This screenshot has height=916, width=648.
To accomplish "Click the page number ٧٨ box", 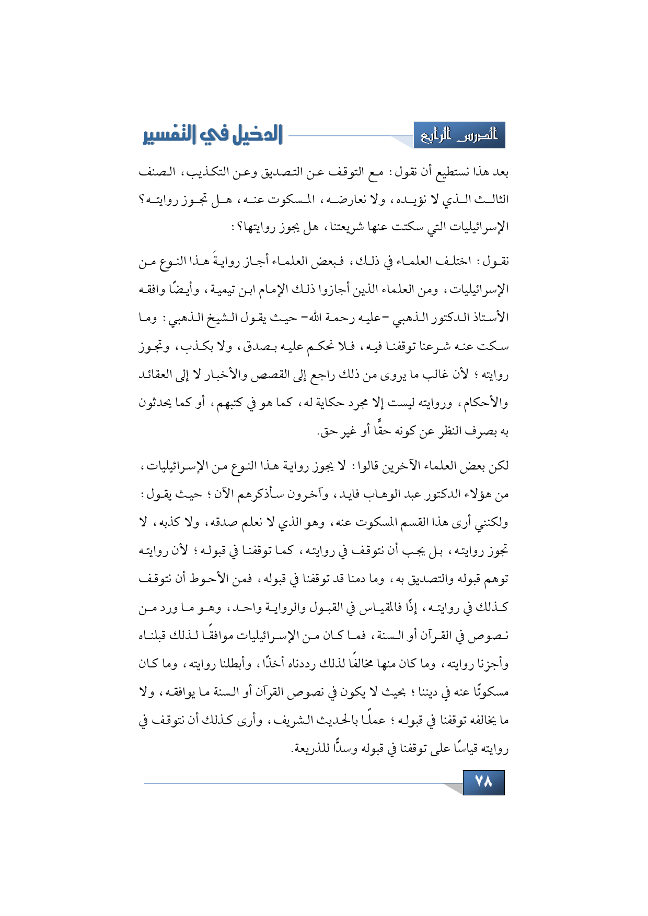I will coord(483,782).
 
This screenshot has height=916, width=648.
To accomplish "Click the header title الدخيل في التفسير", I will coord(212,135).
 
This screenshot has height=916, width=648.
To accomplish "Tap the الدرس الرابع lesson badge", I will coord(459,135).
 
